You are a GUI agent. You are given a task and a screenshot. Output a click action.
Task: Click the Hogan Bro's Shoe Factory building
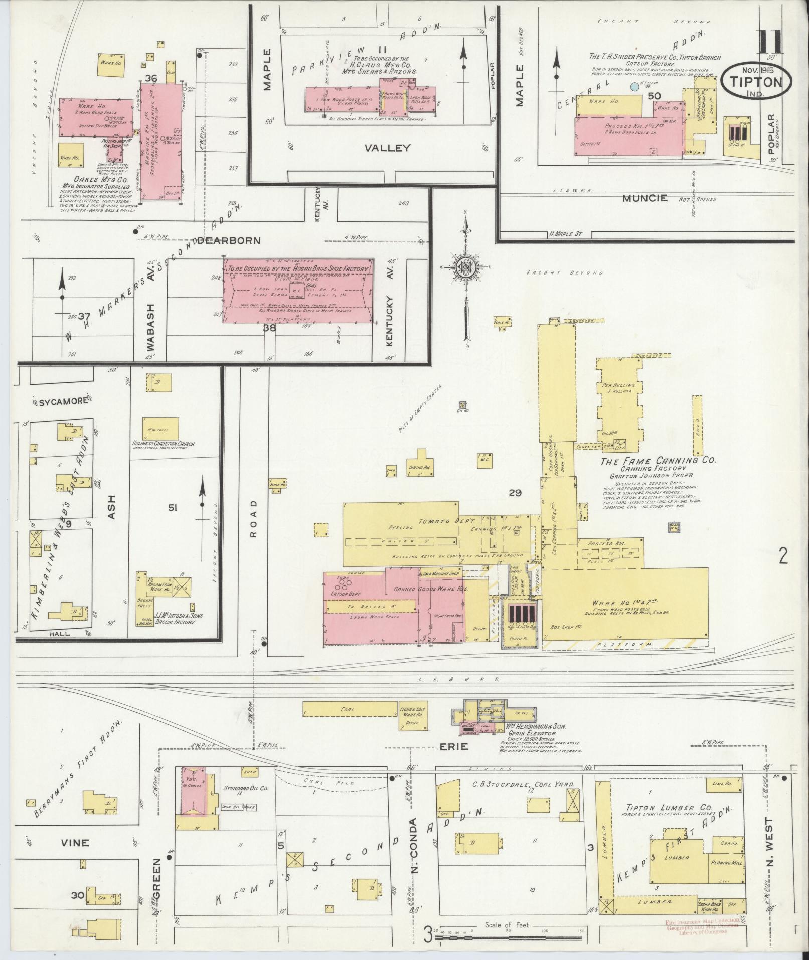(x=299, y=291)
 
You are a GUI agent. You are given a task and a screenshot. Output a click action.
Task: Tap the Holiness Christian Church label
(x=164, y=444)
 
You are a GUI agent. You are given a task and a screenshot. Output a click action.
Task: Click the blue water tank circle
(x=634, y=87)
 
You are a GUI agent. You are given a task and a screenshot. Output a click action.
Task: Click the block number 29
(x=515, y=493)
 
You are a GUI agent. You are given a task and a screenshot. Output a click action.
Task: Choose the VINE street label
(x=75, y=842)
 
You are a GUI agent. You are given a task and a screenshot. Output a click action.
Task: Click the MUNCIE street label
(x=645, y=198)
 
